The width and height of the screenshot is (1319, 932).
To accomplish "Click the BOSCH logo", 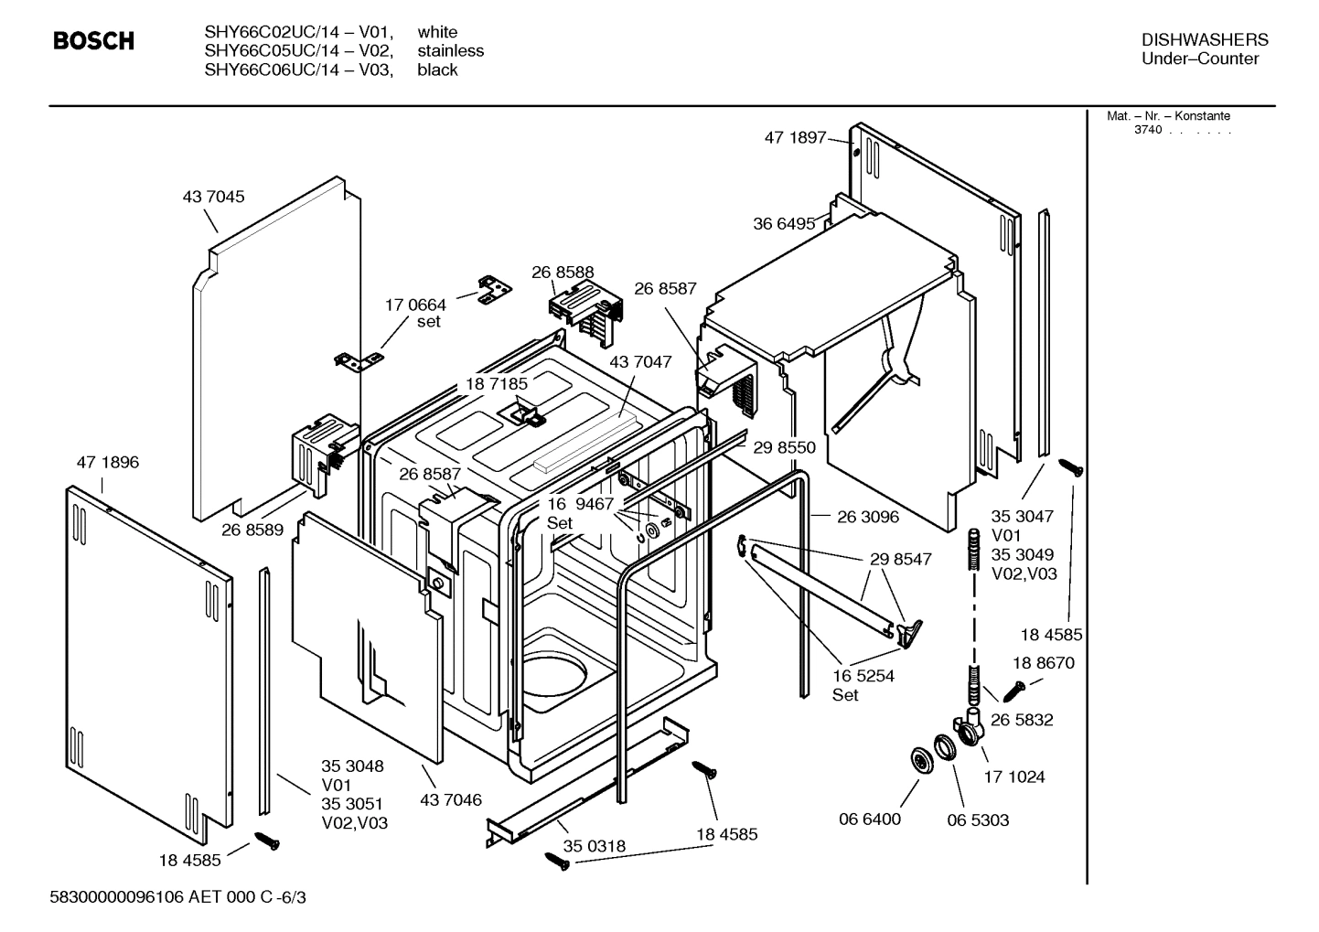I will point(93,41).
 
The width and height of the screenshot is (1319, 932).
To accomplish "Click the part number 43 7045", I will point(213,197).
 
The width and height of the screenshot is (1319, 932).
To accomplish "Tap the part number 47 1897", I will point(794,138).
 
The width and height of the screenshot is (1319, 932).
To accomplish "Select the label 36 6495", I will point(783,223).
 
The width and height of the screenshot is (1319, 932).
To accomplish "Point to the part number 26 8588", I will point(563,272).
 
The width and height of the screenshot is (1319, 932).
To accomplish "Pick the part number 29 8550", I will point(784,447).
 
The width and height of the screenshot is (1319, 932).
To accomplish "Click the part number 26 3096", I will point(868,517).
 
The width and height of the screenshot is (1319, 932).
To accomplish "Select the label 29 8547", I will point(900,559).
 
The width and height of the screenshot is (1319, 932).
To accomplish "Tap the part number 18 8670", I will point(1043,663).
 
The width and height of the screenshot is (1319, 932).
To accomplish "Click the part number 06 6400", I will point(870,819).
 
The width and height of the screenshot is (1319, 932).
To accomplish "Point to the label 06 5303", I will point(978,820).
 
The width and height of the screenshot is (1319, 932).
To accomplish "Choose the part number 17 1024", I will point(1013,777).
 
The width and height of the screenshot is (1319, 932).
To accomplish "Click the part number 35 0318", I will point(595,846).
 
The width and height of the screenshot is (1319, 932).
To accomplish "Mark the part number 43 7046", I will point(450,800).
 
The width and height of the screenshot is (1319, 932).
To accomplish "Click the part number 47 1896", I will point(108,462).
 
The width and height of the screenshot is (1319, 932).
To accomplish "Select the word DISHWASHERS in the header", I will point(1205,39).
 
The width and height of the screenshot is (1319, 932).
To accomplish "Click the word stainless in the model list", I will point(450,51).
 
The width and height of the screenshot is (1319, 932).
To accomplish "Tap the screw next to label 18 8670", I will point(1015,688).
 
